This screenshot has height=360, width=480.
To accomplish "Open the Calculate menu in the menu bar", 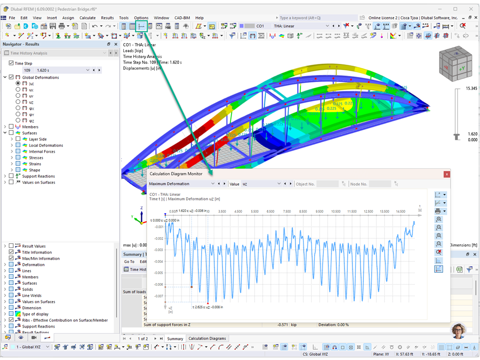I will [88, 18].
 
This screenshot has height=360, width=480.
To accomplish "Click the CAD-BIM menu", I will [182, 18].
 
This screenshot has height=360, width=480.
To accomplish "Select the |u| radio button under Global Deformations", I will [18, 83].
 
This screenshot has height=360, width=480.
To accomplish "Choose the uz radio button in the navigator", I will [18, 102].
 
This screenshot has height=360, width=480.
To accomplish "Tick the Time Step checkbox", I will [11, 63].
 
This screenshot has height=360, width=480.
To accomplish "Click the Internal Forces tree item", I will [42, 151].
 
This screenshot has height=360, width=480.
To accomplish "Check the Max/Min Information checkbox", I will [11, 258].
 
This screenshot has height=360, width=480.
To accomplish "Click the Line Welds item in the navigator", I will [32, 295].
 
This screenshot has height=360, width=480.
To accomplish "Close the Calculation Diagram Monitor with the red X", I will [447, 174].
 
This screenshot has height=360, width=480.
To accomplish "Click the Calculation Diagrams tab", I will [207, 338].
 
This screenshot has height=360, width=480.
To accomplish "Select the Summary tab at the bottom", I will [175, 338].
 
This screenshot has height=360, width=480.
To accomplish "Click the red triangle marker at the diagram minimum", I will [208, 303].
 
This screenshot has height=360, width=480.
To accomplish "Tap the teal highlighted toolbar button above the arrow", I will [141, 26].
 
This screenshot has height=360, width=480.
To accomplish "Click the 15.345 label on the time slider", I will [471, 88].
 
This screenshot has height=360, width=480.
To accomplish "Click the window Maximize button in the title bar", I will [455, 8].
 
